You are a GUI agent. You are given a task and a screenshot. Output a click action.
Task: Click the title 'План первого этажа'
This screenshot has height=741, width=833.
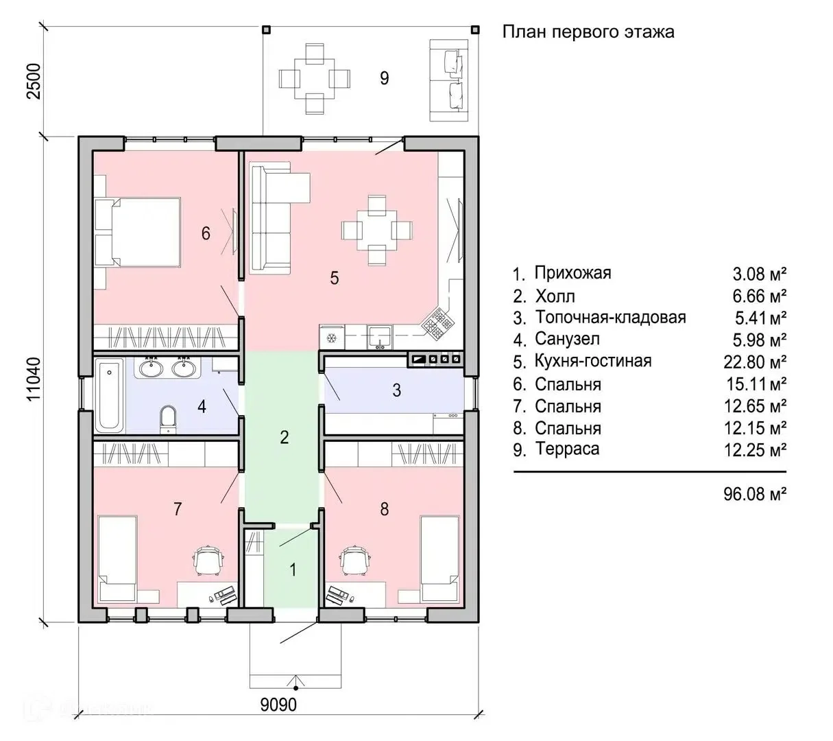pyautogui.click(x=588, y=32)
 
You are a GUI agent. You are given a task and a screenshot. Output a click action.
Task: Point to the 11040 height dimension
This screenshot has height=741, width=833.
pyautogui.click(x=34, y=379)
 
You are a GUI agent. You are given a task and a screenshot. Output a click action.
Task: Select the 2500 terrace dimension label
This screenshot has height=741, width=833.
pyautogui.click(x=34, y=81)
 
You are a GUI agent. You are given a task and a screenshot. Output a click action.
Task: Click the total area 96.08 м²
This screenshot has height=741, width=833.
pyautogui.click(x=755, y=494)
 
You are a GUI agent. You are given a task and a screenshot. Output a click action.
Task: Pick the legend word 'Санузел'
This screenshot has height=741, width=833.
pyautogui.click(x=567, y=339)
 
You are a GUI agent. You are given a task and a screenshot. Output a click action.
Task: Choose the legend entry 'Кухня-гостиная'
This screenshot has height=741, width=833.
pyautogui.click(x=593, y=361)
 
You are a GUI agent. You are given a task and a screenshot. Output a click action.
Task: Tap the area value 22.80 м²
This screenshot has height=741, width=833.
pyautogui.click(x=755, y=362)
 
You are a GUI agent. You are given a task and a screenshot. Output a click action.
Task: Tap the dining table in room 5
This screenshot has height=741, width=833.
pyautogui.click(x=376, y=231)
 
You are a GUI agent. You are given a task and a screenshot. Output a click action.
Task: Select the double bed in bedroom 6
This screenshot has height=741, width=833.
pyautogui.click(x=138, y=232)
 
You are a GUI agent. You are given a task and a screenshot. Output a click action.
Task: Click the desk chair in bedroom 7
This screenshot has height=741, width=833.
pyautogui.click(x=208, y=561)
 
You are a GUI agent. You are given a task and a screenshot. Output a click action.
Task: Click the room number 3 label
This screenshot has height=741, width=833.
pyautogui.click(x=396, y=390)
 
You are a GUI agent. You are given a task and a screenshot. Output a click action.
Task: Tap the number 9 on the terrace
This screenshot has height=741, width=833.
pyautogui.click(x=385, y=78)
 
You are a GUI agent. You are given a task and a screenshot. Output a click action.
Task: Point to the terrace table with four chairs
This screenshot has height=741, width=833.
pyautogui.click(x=315, y=79)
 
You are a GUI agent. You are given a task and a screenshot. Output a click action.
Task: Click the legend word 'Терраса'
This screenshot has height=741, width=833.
pyautogui.click(x=567, y=449)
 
